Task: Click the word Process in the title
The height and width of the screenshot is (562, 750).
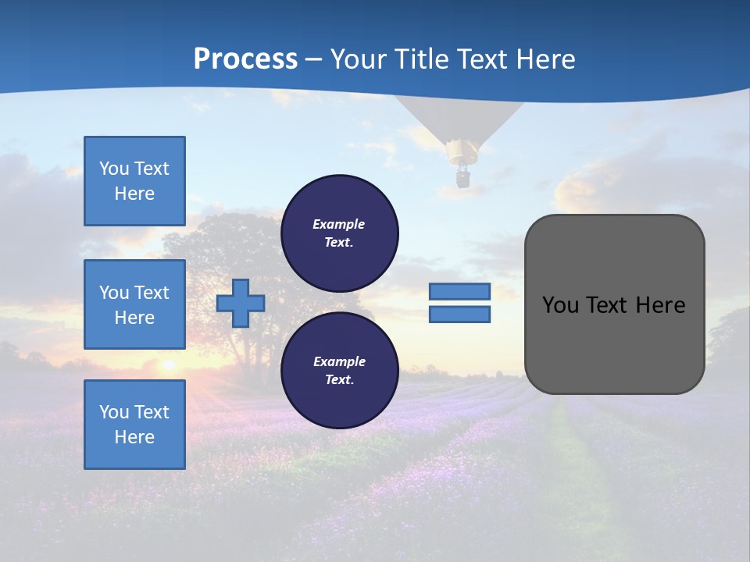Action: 245,59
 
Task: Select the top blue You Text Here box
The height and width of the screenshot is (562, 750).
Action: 134,181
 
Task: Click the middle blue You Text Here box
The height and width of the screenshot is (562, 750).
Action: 134,304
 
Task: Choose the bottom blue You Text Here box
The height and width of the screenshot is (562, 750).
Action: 134,425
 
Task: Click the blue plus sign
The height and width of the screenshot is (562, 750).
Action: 241,303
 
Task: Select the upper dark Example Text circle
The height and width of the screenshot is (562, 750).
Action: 339,233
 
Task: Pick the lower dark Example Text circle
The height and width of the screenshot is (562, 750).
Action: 339,370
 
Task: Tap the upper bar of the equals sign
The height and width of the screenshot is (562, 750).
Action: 459,291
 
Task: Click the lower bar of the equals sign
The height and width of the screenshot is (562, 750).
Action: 459,315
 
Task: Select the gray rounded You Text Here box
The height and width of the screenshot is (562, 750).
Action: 614,304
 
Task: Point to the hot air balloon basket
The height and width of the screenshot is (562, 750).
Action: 462,179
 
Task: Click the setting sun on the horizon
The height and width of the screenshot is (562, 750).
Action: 167,364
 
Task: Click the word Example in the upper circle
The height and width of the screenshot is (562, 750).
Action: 339,224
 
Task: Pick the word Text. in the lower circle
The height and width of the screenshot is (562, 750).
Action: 339,380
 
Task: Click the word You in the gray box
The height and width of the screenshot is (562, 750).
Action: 559,305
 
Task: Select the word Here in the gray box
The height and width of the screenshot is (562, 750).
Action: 660,305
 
